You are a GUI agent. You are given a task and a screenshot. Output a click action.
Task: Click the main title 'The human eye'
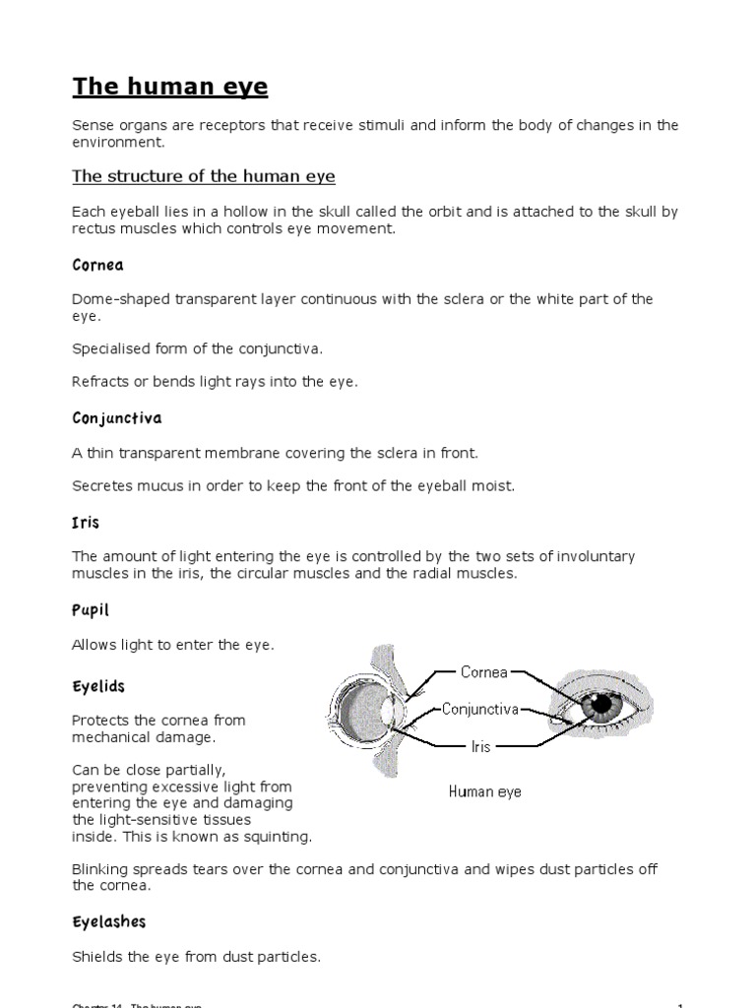coord(169,87)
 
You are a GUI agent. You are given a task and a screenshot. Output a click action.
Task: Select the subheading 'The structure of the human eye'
coord(204,176)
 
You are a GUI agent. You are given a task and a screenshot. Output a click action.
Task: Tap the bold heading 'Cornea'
coord(97,266)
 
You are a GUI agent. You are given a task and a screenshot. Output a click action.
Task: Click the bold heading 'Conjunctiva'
coord(117,418)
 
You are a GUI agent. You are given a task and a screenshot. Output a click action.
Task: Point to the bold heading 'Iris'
coord(86,522)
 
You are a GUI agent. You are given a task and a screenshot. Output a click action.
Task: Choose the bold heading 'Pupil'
coord(91,611)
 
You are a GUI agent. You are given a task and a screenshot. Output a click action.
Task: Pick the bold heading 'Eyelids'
coord(98,685)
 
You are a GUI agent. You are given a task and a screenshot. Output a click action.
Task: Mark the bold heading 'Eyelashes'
coord(108,921)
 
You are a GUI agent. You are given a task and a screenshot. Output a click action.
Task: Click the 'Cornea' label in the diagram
coord(484,672)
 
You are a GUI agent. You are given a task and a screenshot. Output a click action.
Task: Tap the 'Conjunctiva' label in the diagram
coord(479,708)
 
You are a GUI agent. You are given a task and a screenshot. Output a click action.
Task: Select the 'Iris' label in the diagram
coord(479,747)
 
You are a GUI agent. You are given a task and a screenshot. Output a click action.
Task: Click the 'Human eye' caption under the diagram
coord(484,790)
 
